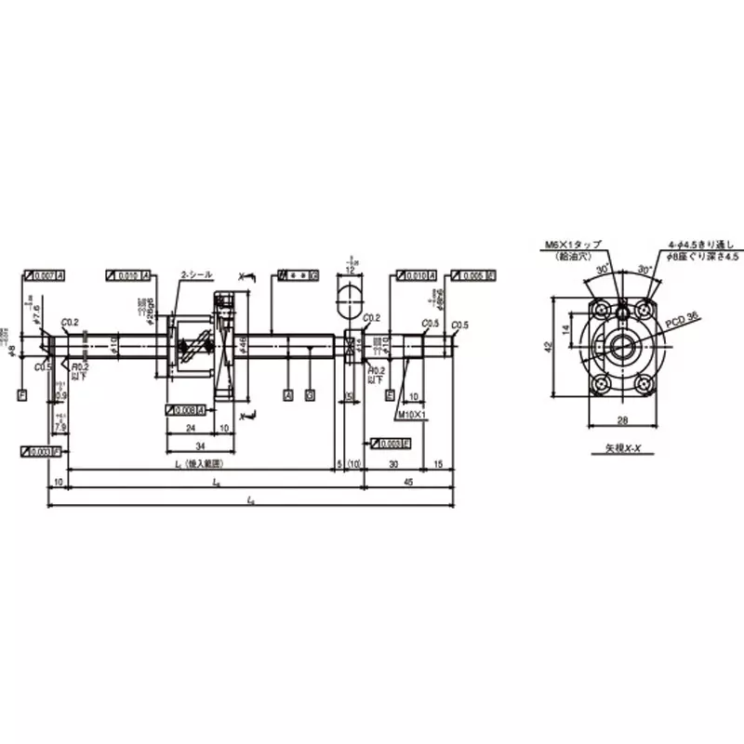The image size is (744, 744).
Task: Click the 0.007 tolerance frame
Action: (45, 276)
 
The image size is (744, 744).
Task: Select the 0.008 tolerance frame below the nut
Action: (183, 409)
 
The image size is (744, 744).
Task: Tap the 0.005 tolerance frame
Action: (472, 276)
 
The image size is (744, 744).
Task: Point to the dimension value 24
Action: (189, 429)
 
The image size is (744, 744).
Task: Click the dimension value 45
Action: (408, 482)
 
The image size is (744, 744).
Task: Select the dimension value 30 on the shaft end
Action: (393, 462)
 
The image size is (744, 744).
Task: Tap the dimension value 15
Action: (438, 462)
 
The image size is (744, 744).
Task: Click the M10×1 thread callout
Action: (410, 414)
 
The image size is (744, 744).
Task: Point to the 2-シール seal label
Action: (196, 275)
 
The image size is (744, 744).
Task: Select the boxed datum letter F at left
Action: (21, 394)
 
